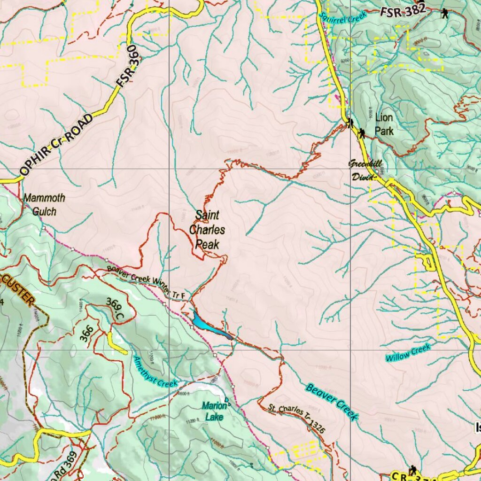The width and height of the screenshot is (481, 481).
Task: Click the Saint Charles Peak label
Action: (207, 230)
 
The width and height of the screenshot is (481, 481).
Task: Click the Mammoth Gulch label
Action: (44, 205)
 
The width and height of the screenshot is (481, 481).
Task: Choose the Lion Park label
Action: (384, 124)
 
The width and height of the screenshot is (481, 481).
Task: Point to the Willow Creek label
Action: (408, 352)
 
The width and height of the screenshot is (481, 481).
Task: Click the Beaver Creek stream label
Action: (332, 402)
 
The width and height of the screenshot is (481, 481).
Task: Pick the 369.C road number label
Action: (115, 310)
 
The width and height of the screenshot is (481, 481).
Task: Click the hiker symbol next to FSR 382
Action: (444, 14)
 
